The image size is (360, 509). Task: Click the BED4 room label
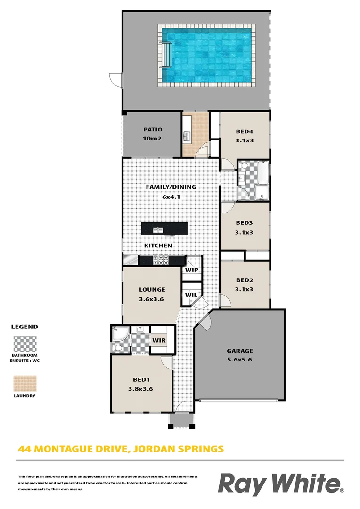[245, 132]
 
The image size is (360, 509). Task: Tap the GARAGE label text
[240, 351]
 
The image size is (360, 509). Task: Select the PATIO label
[153, 130]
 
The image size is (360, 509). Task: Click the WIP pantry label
[192, 270]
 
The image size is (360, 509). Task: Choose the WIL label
[190, 295]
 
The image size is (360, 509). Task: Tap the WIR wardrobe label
[158, 340]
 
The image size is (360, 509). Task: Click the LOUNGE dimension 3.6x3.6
[151, 299]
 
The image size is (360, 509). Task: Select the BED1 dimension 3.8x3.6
[140, 389]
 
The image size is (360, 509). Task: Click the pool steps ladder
[168, 56]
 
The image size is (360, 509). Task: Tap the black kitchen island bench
[164, 229]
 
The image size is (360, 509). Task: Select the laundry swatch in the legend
[24, 383]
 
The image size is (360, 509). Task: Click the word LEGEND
[25, 327]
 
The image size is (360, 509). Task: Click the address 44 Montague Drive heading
[121, 449]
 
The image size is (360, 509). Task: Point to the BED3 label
[245, 223]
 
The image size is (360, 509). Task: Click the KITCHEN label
[158, 246]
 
